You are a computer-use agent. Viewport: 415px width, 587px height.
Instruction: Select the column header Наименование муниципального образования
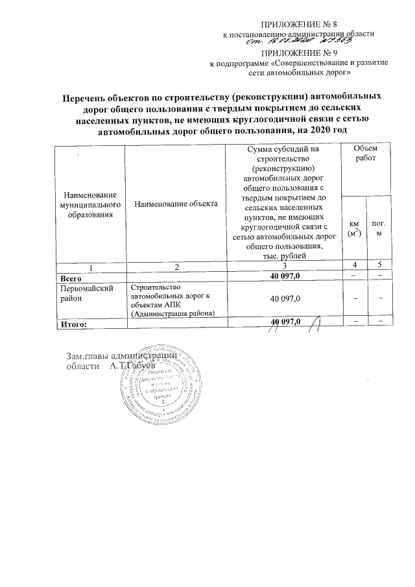(x=89, y=204)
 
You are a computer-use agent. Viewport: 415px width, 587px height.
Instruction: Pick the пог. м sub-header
(x=377, y=228)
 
